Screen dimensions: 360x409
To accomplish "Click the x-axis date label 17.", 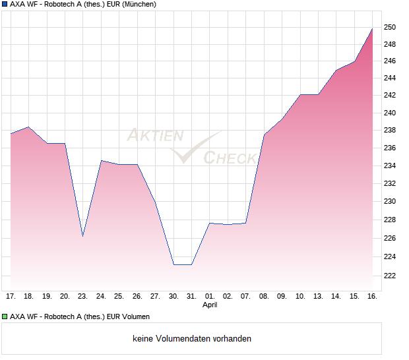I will click(11, 296).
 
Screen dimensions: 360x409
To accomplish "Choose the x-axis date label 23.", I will click(82, 296).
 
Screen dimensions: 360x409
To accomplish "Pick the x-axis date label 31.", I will click(191, 296).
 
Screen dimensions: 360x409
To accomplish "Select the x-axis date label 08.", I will click(264, 296).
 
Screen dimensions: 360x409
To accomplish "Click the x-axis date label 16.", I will click(372, 296).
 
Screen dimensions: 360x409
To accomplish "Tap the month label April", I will click(209, 305).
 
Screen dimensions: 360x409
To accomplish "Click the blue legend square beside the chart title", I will click(4, 4).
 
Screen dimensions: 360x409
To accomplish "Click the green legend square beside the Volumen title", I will click(4, 316).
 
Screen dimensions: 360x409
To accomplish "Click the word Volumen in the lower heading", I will click(135, 316).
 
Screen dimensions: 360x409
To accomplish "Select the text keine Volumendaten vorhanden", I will click(192, 339).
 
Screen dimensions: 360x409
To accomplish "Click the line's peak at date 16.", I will click(372, 28).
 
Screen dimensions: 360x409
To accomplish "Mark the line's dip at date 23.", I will click(82, 235).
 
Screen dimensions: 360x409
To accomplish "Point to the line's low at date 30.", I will click(173, 264).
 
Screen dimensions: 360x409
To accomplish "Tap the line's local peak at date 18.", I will click(28, 127).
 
